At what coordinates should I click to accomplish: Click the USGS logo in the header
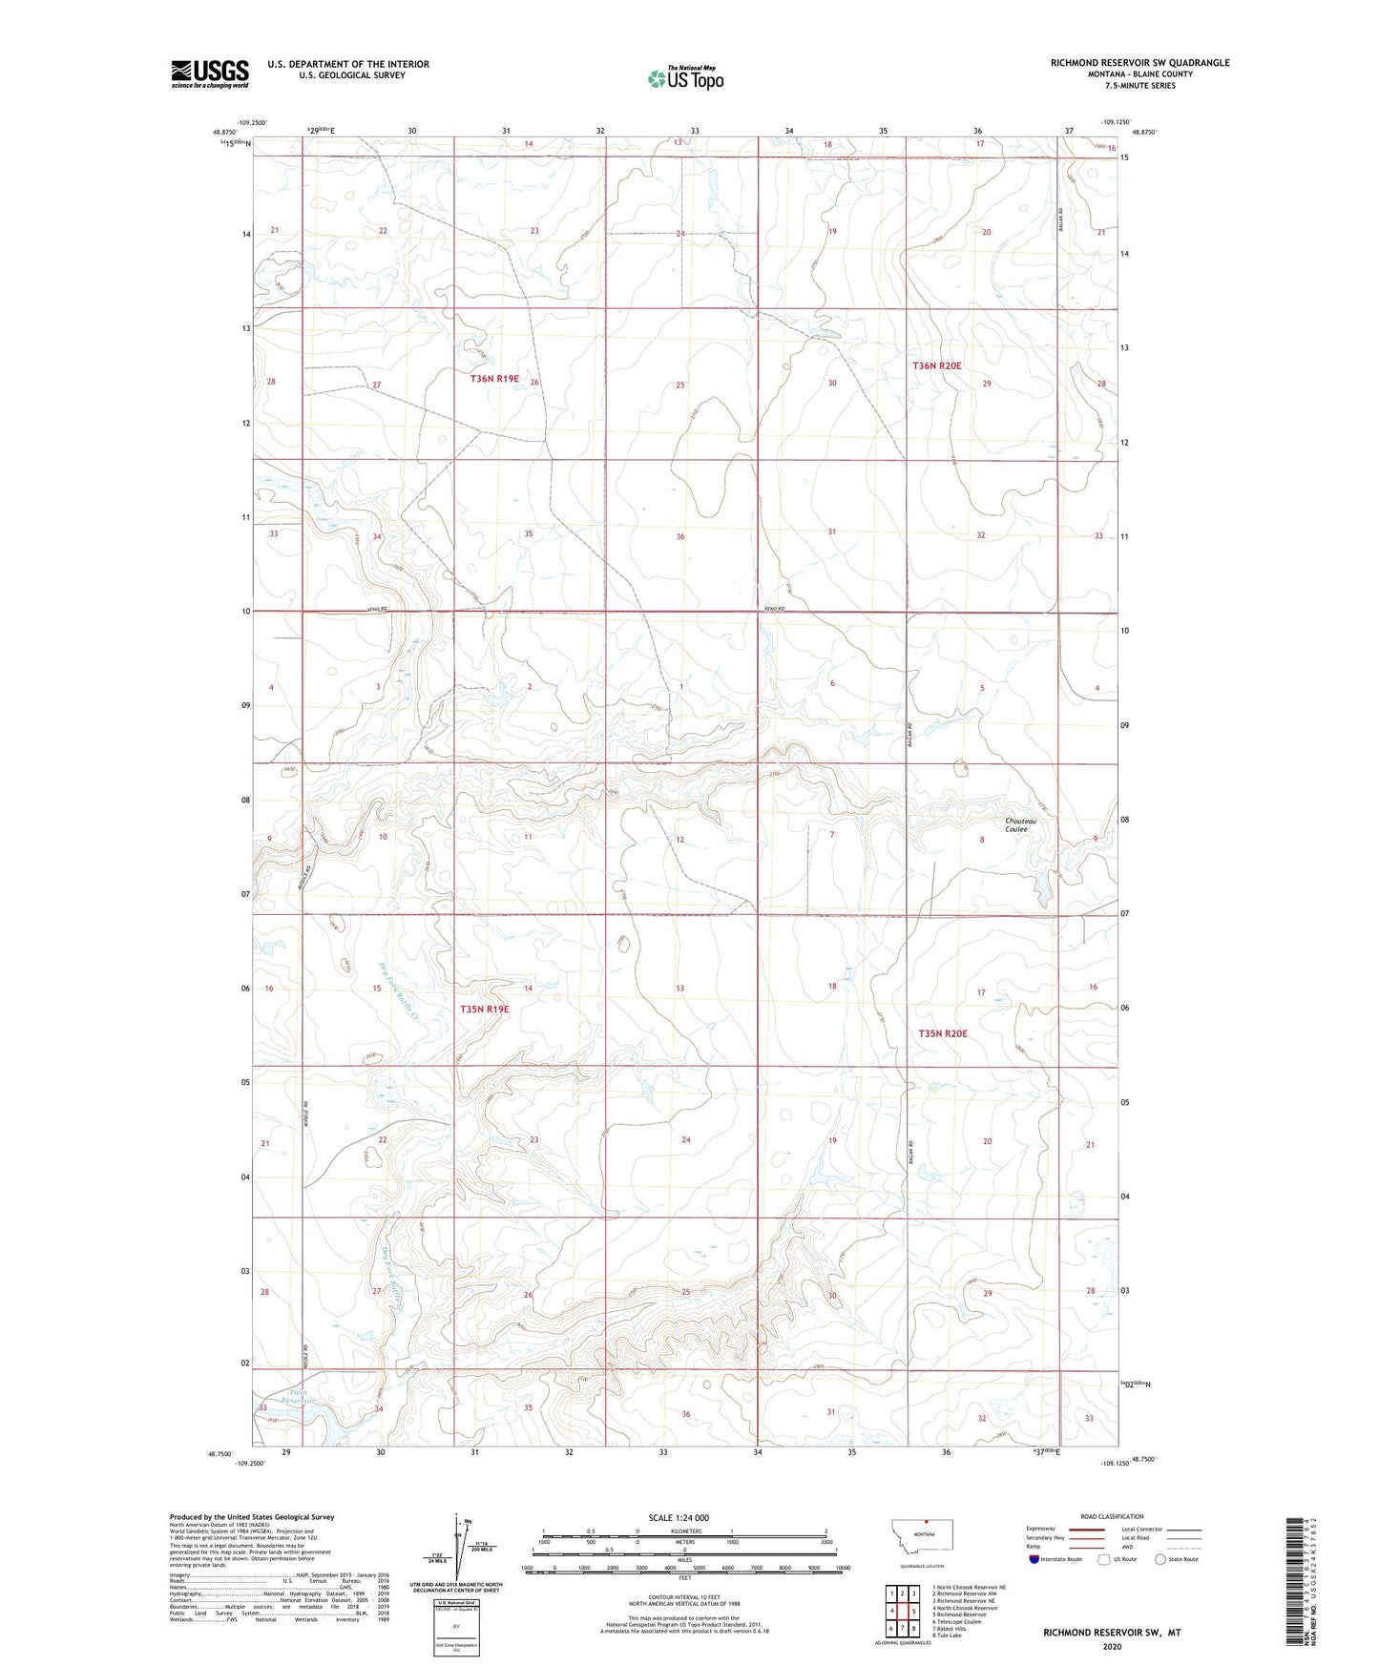209,73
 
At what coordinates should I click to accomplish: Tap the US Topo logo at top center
685,78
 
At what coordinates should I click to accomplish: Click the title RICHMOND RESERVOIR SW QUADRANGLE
1139,63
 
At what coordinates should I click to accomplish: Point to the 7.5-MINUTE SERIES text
1139,86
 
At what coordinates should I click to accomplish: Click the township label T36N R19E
494,379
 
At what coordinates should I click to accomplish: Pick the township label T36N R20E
939,365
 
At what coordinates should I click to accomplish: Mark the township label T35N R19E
485,1009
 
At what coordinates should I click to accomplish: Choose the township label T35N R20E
943,1033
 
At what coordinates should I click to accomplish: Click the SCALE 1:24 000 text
679,1517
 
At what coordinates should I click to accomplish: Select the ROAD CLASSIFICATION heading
1112,1516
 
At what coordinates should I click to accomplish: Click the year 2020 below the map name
1112,1646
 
